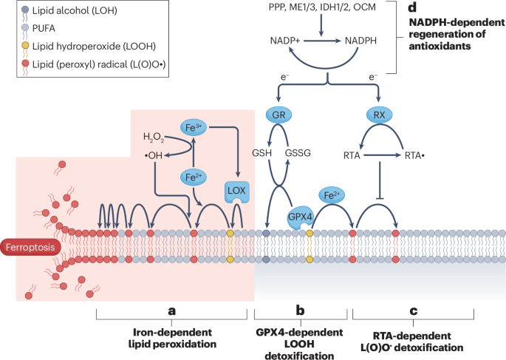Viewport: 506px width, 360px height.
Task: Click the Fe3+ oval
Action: pos(193,127)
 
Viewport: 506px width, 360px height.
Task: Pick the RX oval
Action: pos(379,116)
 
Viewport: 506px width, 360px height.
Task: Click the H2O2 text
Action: pos(154,137)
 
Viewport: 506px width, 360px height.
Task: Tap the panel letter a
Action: pos(172,311)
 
